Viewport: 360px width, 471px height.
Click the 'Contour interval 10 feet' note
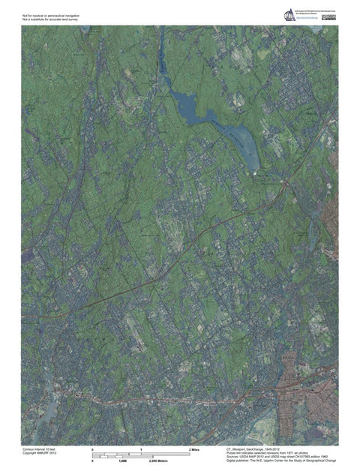click(39, 448)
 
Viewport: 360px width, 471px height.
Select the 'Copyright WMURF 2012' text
click(39, 453)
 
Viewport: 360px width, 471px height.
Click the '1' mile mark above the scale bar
click(141, 448)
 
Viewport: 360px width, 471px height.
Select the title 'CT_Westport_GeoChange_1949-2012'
click(259, 448)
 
